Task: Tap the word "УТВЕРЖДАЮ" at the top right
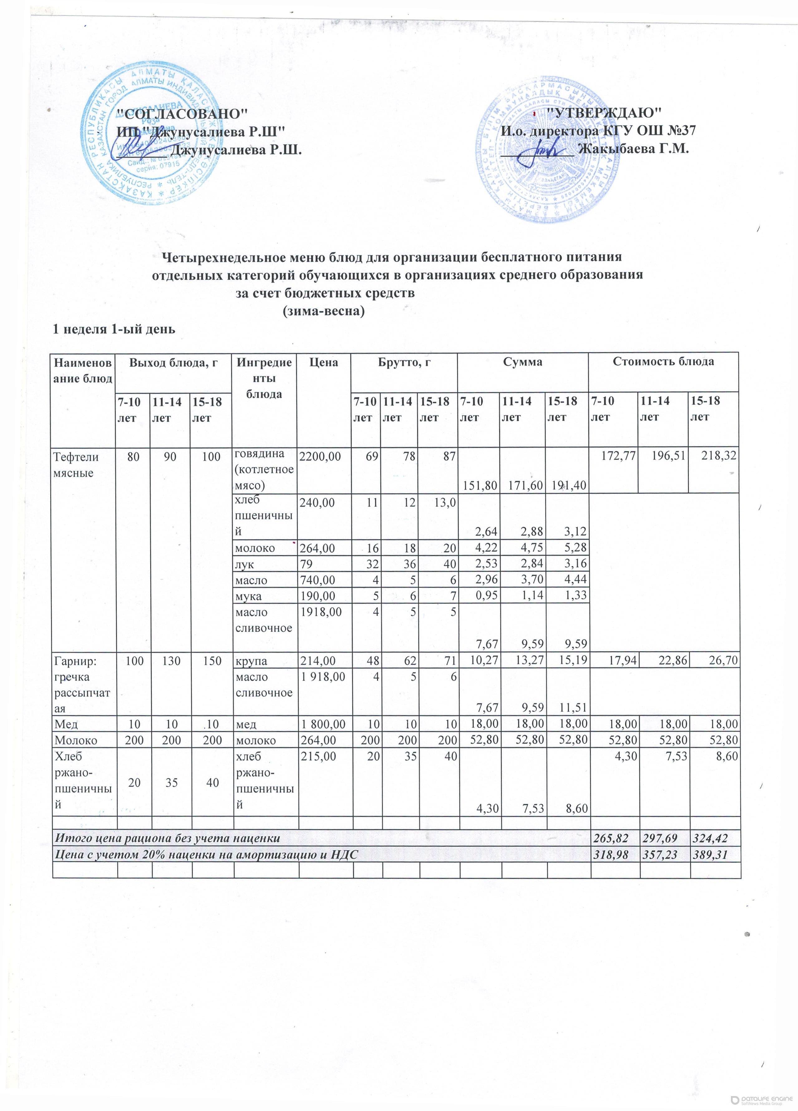point(604,112)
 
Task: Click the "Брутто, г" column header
point(404,362)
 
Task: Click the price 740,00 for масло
point(316,580)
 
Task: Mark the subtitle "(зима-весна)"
point(324,312)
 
